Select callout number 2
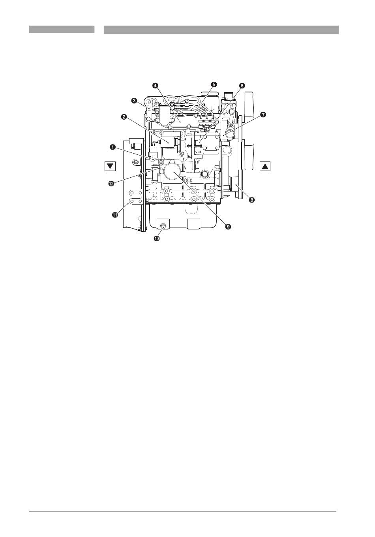(x=124, y=117)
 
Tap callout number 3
(x=134, y=100)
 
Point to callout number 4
(x=155, y=85)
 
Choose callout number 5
(x=214, y=84)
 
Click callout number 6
(x=242, y=85)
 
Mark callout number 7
(x=263, y=115)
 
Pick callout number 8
(x=251, y=200)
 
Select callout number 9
(x=228, y=226)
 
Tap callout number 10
(x=156, y=238)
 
